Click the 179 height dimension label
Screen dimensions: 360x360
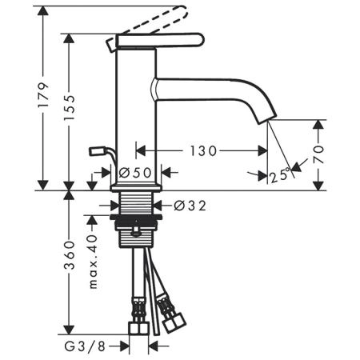pos(43,95)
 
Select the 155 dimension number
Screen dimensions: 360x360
pos(70,107)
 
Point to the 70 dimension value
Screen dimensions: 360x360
pos(318,154)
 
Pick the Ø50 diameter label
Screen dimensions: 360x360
pos(135,173)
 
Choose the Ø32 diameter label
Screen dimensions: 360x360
pos(190,206)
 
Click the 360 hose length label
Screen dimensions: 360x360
pos(70,255)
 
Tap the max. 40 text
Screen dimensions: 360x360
pos(93,262)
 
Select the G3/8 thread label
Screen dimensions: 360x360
pos(85,346)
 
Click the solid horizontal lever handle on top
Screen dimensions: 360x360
pos(160,41)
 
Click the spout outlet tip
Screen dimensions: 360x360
pos(267,119)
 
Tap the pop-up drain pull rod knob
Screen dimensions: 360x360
pos(94,151)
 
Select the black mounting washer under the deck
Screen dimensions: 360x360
pos(136,217)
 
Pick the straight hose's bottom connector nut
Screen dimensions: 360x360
pos(138,328)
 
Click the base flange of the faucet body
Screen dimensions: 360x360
pos(136,187)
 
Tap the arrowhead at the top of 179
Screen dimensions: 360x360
pos(43,11)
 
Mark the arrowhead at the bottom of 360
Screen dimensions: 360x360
pos(70,329)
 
